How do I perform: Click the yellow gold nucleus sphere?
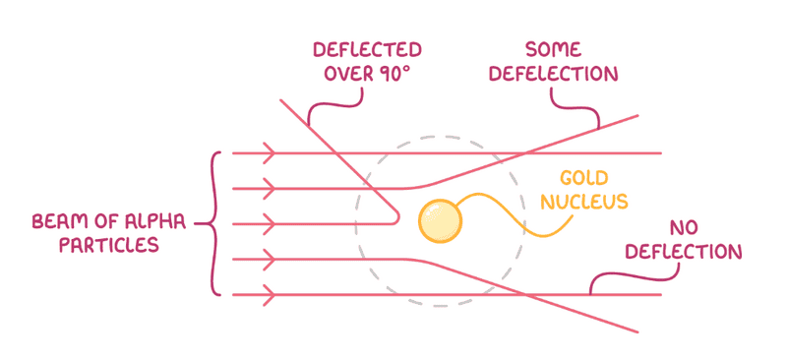[x=440, y=221]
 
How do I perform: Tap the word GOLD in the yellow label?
[x=583, y=178]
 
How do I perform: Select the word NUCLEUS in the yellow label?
[x=584, y=202]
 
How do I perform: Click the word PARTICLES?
[x=108, y=245]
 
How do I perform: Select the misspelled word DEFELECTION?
[x=554, y=74]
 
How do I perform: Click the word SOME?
[x=553, y=50]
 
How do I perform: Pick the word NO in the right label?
[x=684, y=228]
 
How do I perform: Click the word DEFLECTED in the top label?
[x=367, y=50]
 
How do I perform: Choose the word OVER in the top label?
[x=348, y=74]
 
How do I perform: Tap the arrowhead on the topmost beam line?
[x=270, y=152]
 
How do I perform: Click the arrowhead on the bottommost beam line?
[x=270, y=295]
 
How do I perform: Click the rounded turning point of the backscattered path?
[x=398, y=217]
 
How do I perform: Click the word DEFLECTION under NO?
[x=683, y=252]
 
